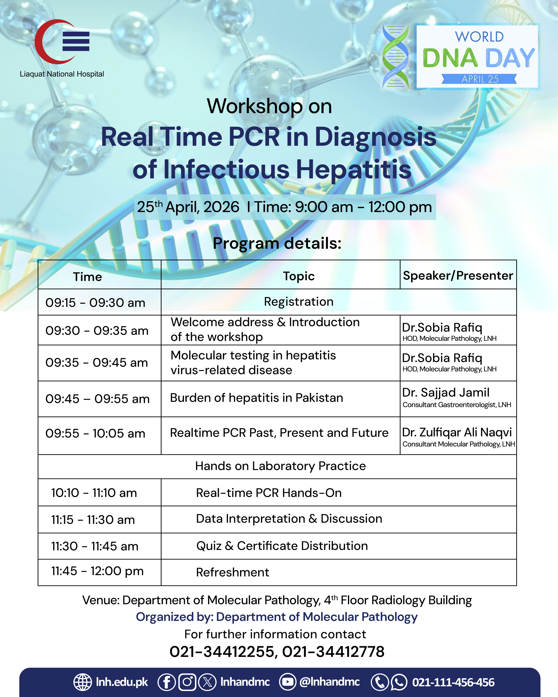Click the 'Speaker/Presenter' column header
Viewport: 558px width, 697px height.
tap(458, 275)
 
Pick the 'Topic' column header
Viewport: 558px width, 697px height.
tap(299, 276)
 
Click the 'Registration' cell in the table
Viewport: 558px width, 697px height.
tap(299, 302)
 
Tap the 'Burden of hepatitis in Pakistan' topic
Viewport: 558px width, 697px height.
tap(256, 398)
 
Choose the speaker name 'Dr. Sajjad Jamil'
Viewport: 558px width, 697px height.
tap(445, 392)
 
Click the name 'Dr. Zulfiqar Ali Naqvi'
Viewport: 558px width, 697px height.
tap(457, 432)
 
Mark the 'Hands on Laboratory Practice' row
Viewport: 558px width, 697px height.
tap(280, 466)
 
